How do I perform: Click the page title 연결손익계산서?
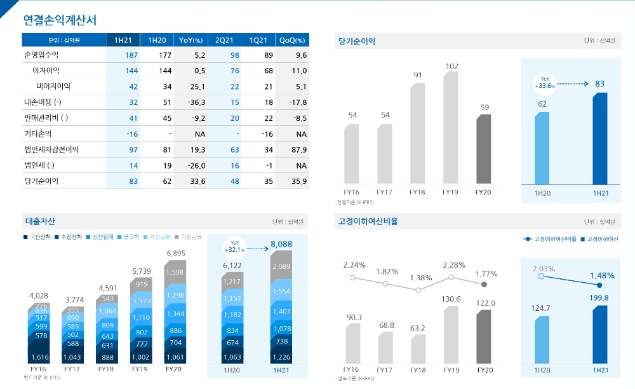60,20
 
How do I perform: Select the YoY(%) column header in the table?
190,40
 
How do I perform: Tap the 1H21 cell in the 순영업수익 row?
123,55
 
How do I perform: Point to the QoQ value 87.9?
297,150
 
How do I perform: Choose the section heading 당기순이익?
358,41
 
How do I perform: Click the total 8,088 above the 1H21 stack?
281,244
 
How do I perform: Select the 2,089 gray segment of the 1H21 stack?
281,266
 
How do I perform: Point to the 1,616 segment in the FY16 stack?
39,358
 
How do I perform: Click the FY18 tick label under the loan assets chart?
105,369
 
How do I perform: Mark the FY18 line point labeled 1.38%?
418,290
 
